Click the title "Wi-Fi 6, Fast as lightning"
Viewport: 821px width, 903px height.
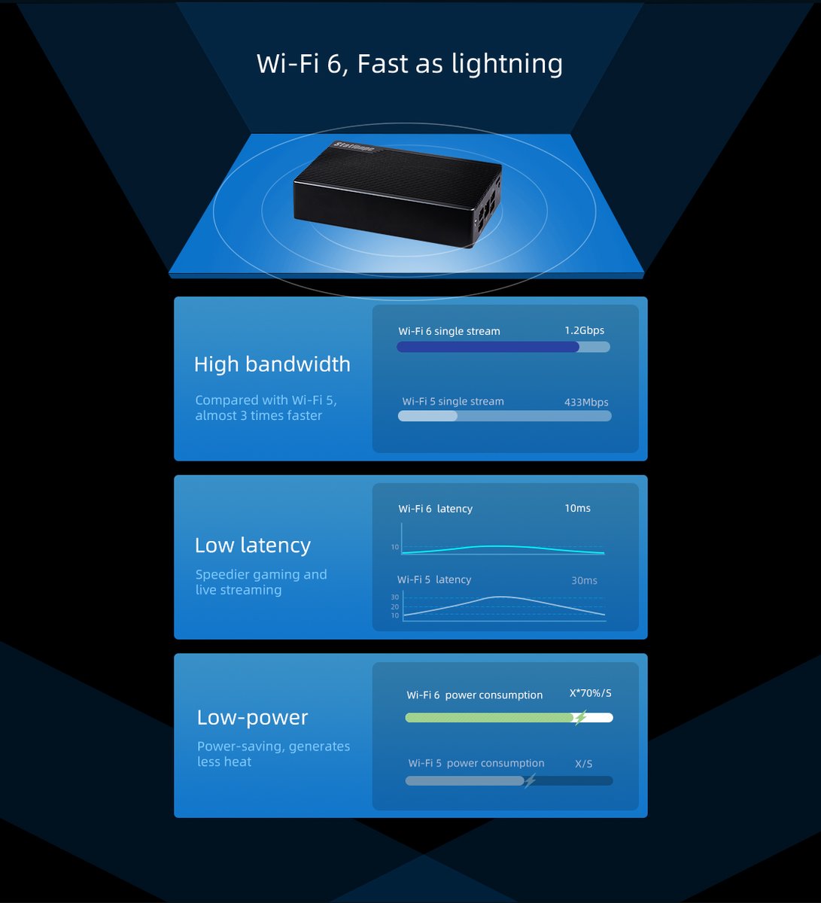(409, 63)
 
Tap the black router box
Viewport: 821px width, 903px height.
(397, 193)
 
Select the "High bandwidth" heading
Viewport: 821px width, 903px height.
(272, 364)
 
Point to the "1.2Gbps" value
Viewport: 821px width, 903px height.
(584, 330)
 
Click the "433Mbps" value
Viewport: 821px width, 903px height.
(586, 403)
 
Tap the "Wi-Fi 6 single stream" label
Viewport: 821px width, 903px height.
(449, 331)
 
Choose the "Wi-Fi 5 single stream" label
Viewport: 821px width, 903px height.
(453, 402)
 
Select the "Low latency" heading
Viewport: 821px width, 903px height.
(252, 546)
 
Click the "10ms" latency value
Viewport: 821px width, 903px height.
(577, 509)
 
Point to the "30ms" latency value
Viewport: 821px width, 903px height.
(584, 581)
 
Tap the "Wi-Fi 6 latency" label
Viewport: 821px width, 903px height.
(435, 509)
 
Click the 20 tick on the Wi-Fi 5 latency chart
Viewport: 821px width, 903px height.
(395, 607)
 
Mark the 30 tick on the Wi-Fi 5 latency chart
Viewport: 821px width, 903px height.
(395, 597)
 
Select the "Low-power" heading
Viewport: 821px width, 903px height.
(252, 718)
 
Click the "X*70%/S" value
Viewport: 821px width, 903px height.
(590, 694)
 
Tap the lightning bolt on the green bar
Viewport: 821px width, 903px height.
(579, 718)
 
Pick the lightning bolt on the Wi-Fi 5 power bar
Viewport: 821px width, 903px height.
(530, 780)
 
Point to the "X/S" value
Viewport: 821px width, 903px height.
(584, 764)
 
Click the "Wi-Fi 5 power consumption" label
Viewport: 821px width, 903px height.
(476, 763)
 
